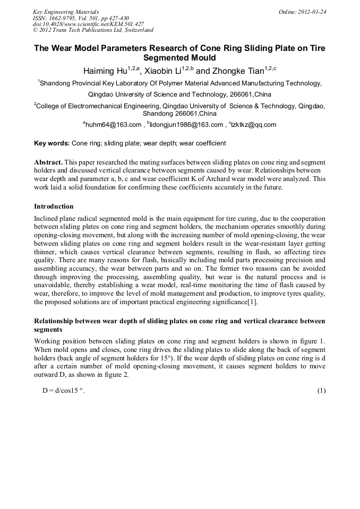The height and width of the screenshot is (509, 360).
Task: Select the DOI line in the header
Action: [88, 24]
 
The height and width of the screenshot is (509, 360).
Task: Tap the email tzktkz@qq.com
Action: [254, 125]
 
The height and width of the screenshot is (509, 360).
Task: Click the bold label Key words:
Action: [52, 143]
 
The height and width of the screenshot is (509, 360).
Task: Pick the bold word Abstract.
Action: [48, 161]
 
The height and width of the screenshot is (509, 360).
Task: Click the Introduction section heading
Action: [54, 206]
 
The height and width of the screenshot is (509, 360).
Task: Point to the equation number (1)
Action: [321, 391]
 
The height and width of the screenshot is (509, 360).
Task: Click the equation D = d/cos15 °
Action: [64, 391]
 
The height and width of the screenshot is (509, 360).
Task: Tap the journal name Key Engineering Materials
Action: [66, 12]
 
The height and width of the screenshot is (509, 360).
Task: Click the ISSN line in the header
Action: [77, 18]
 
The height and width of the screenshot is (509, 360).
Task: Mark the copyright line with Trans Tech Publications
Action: [93, 30]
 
